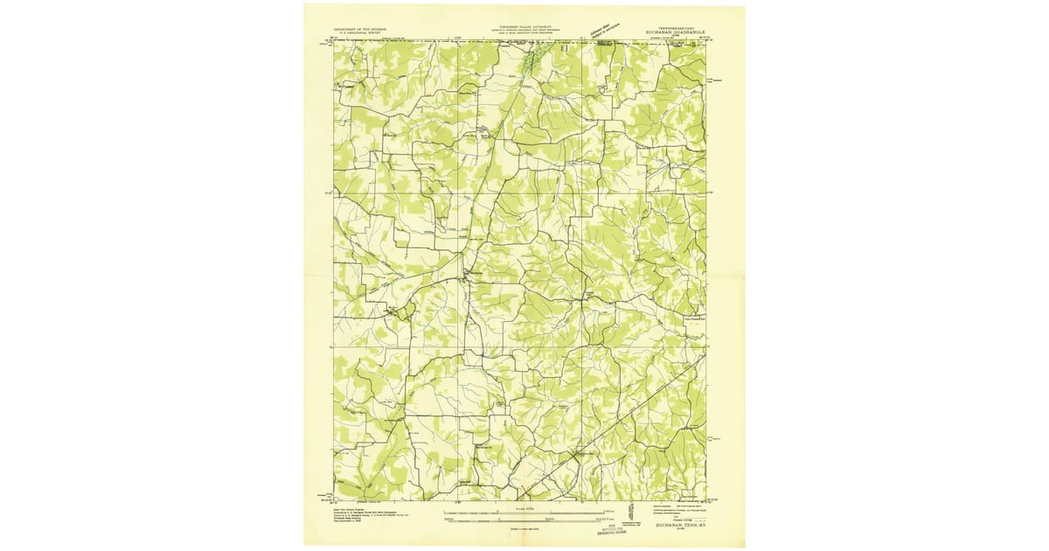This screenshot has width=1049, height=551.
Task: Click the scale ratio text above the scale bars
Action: [524, 505]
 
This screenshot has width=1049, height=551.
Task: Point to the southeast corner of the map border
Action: [705, 500]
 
